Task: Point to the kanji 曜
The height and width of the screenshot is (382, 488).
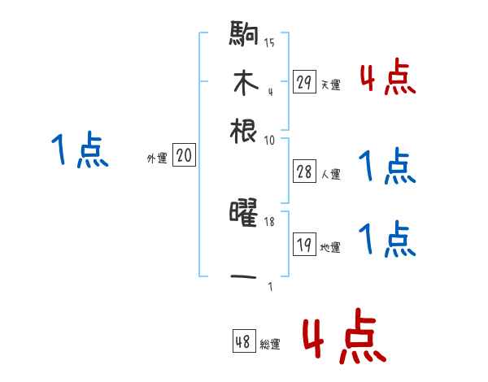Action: click(244, 215)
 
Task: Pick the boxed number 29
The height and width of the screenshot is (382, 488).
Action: click(304, 81)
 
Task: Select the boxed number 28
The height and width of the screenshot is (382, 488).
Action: click(304, 171)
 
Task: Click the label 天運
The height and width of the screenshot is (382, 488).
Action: click(330, 85)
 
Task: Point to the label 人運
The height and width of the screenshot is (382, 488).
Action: click(330, 174)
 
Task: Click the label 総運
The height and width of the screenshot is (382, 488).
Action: click(270, 345)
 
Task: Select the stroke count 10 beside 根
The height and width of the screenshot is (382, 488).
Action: click(269, 140)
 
